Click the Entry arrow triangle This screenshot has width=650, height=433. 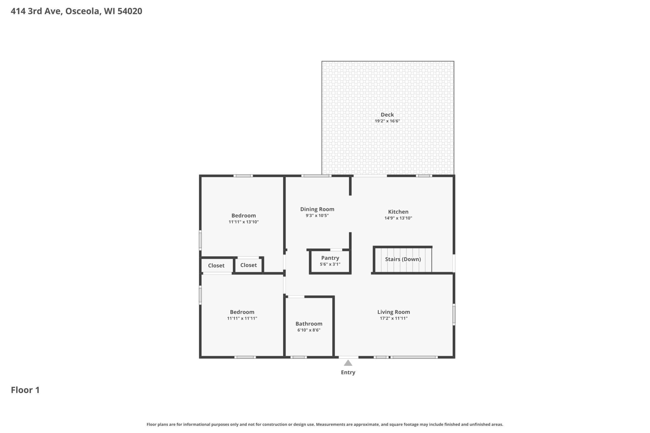(x=348, y=363)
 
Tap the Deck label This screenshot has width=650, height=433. (x=387, y=115)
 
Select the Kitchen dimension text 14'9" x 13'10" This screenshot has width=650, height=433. (x=398, y=218)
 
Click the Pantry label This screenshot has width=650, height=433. (x=330, y=258)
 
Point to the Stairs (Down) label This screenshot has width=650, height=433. (x=403, y=259)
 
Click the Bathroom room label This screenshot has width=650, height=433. (x=309, y=324)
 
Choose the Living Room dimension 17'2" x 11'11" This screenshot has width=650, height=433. (x=393, y=318)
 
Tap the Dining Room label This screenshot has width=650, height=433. (x=317, y=209)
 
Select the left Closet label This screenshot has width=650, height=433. (x=216, y=266)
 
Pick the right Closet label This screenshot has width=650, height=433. (x=248, y=265)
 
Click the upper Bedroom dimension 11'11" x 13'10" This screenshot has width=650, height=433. (x=243, y=222)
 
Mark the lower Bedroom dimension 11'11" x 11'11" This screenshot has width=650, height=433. (x=242, y=318)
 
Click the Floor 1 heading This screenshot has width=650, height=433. (x=25, y=390)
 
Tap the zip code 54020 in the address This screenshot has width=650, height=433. (x=130, y=11)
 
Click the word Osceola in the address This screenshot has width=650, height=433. (x=82, y=11)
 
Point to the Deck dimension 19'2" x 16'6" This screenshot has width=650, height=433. (x=387, y=121)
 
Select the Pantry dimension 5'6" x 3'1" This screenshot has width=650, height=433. (x=330, y=264)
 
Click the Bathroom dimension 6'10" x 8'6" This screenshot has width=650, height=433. (x=309, y=330)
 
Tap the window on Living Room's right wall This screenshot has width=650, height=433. (x=454, y=314)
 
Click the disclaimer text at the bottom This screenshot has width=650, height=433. (x=325, y=424)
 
